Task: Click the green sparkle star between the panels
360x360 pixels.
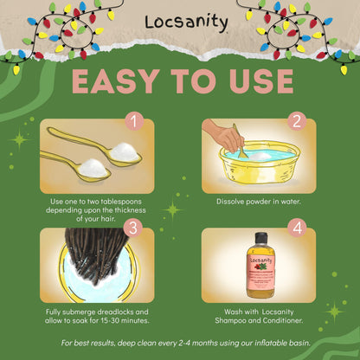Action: pyautogui.click(x=172, y=209)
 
